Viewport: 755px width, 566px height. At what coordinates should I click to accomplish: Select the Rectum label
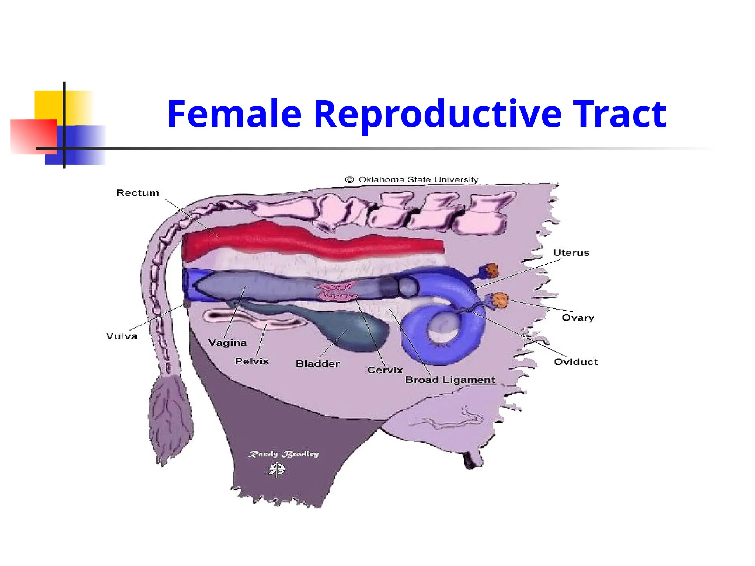[138, 193]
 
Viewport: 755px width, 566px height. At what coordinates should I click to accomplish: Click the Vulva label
[122, 336]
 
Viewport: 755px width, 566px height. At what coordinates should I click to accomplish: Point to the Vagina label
[227, 343]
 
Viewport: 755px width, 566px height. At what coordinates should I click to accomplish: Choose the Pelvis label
[252, 361]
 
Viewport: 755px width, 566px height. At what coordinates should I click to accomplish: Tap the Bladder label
[317, 364]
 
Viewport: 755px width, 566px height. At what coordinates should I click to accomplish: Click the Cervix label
[385, 370]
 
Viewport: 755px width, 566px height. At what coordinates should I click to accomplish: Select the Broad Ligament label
[450, 380]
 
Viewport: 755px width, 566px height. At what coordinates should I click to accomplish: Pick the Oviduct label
[576, 362]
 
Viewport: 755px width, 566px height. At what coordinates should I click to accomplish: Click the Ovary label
[578, 318]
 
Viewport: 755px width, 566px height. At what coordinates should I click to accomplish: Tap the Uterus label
[571, 253]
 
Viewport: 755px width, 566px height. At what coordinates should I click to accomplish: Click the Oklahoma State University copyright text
[412, 180]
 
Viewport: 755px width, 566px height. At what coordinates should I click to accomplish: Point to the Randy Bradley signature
[283, 454]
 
